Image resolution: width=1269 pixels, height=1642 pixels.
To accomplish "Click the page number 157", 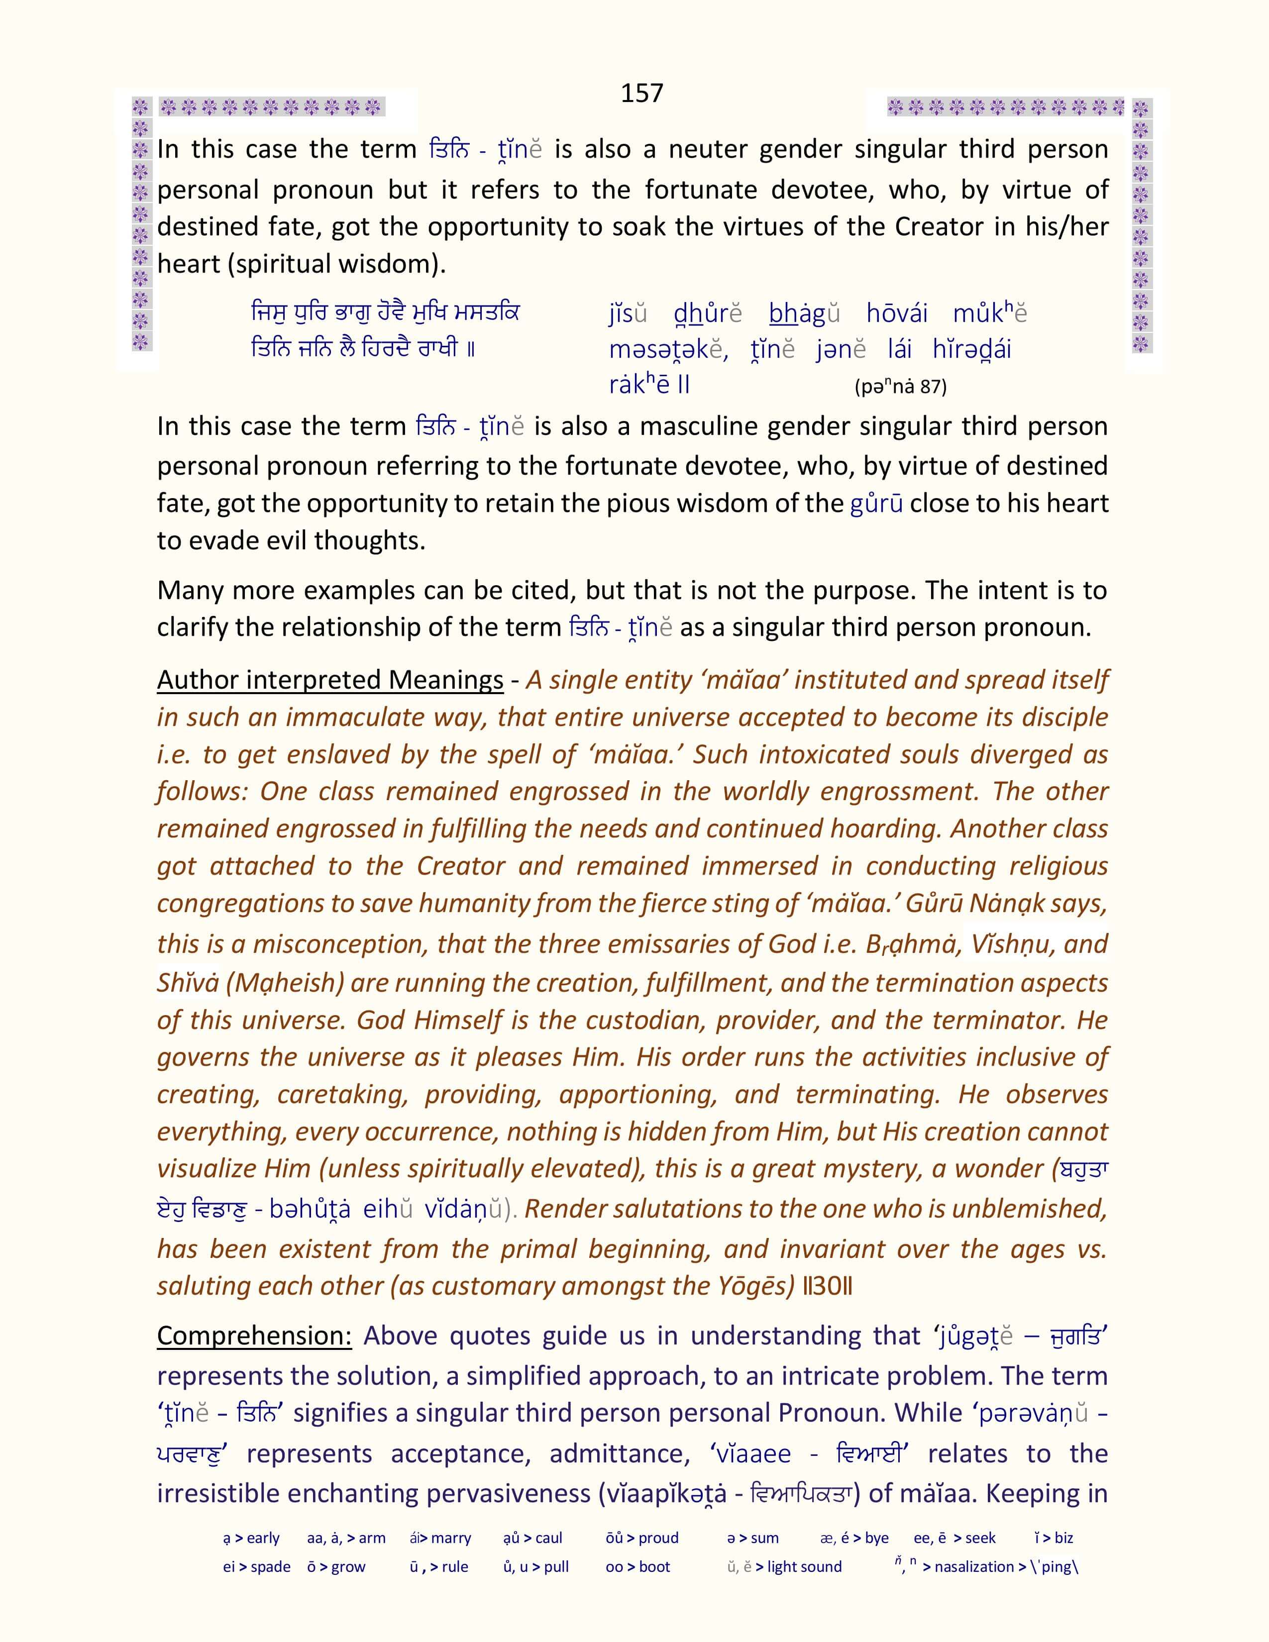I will click(641, 93).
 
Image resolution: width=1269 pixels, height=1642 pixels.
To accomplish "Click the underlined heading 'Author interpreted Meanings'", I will click(330, 680).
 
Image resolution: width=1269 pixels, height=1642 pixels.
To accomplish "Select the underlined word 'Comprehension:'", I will click(254, 1335).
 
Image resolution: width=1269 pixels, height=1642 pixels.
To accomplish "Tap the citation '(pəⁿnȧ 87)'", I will click(901, 387).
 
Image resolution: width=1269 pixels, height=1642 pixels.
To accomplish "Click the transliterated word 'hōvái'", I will click(897, 313).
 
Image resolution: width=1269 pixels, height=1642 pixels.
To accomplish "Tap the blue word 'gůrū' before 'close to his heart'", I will click(876, 503).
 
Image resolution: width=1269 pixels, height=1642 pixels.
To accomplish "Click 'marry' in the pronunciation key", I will click(450, 1538).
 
